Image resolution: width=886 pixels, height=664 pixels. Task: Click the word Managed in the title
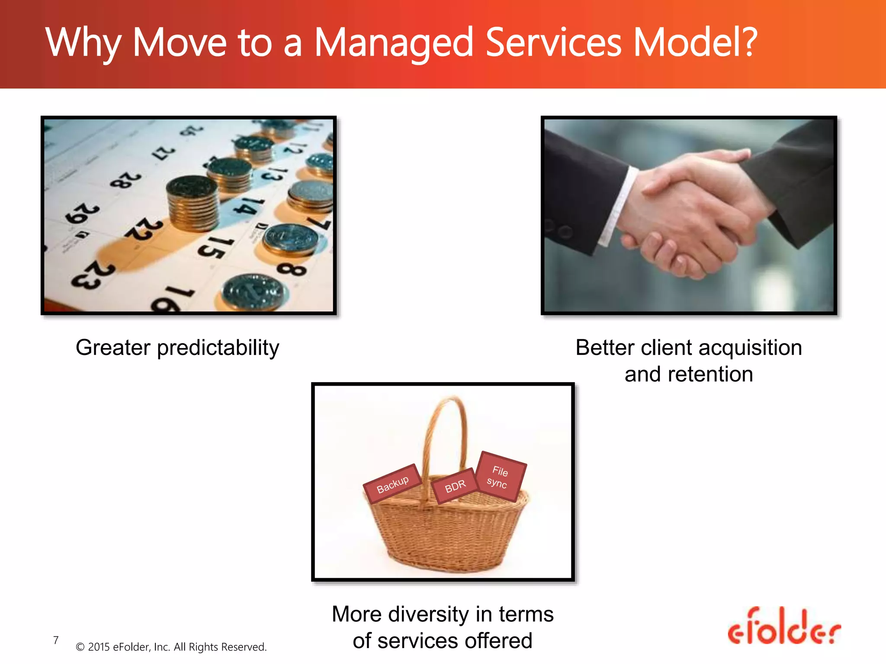pyautogui.click(x=393, y=43)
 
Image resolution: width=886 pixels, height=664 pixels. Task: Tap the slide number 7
pyautogui.click(x=56, y=640)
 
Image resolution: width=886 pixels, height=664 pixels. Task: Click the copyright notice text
pyautogui.click(x=171, y=647)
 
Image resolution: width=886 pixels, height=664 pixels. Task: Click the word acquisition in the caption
pyautogui.click(x=750, y=348)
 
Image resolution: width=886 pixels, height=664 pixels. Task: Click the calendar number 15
pyautogui.click(x=215, y=248)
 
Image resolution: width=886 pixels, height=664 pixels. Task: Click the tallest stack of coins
pyautogui.click(x=193, y=203)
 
